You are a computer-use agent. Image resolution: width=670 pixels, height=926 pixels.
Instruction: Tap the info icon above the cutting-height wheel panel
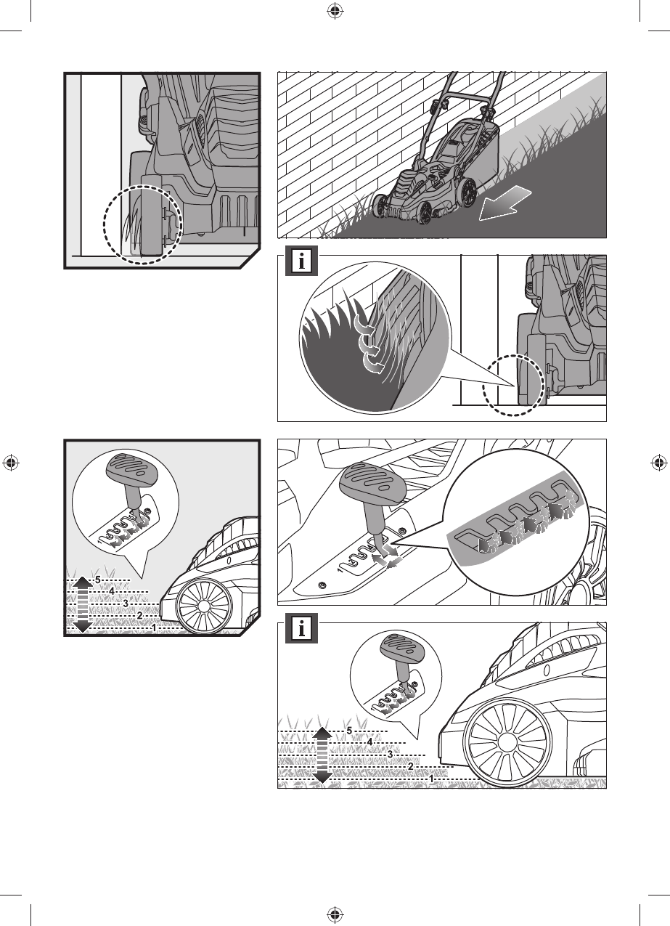click(x=301, y=629)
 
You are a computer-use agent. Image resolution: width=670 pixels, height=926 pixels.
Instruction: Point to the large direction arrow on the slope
click(x=504, y=203)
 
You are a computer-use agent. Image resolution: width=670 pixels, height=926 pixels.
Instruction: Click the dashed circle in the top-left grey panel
click(x=143, y=224)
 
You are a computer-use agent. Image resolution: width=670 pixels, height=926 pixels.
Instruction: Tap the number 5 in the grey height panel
click(x=98, y=580)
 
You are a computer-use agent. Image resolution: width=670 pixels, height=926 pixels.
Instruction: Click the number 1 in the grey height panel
click(x=154, y=628)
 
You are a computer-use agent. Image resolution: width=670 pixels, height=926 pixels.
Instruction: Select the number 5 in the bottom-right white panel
click(x=349, y=731)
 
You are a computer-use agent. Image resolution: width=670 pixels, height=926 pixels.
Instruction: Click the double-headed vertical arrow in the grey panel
click(x=83, y=605)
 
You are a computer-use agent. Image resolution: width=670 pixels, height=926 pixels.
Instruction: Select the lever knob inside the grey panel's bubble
click(x=129, y=471)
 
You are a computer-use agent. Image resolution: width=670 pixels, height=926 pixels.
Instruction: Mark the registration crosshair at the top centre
click(x=333, y=12)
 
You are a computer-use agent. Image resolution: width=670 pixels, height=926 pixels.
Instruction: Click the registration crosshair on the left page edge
click(x=11, y=463)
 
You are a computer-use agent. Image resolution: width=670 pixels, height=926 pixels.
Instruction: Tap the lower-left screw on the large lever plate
click(x=322, y=584)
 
